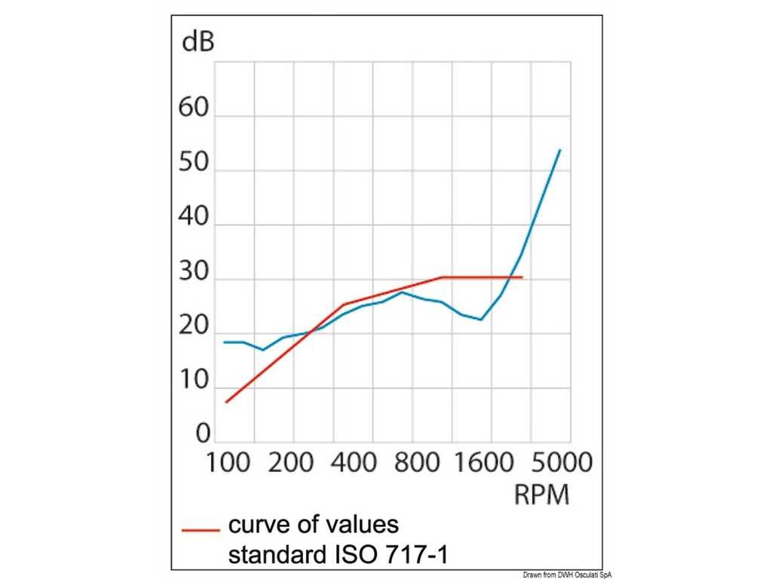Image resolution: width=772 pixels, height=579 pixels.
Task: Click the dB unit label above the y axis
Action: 198,41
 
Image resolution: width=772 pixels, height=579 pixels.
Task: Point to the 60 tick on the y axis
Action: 193,107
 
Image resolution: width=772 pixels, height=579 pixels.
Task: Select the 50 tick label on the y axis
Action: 193,162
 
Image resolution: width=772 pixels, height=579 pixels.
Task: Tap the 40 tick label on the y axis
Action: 193,218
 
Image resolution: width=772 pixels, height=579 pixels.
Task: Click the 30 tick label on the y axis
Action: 193,273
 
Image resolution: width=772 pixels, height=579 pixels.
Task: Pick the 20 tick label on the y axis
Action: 193,327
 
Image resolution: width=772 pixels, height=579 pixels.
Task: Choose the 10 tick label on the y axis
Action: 193,381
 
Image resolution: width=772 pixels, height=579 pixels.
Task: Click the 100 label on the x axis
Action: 228,462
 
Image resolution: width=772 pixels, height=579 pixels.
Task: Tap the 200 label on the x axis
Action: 290,462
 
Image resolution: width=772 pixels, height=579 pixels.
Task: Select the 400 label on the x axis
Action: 353,462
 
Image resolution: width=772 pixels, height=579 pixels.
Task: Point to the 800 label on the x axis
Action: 416,462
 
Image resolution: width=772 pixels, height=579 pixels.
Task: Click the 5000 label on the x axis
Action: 558,462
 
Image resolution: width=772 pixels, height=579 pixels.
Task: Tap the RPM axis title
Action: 541,495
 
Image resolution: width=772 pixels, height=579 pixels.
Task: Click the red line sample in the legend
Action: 200,530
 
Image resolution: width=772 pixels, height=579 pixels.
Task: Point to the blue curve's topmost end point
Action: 560,149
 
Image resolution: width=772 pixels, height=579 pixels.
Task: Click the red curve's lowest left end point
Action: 225,402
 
